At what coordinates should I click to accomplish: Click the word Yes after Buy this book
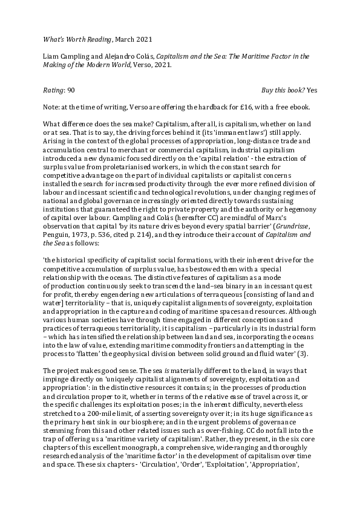[x=312, y=89]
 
